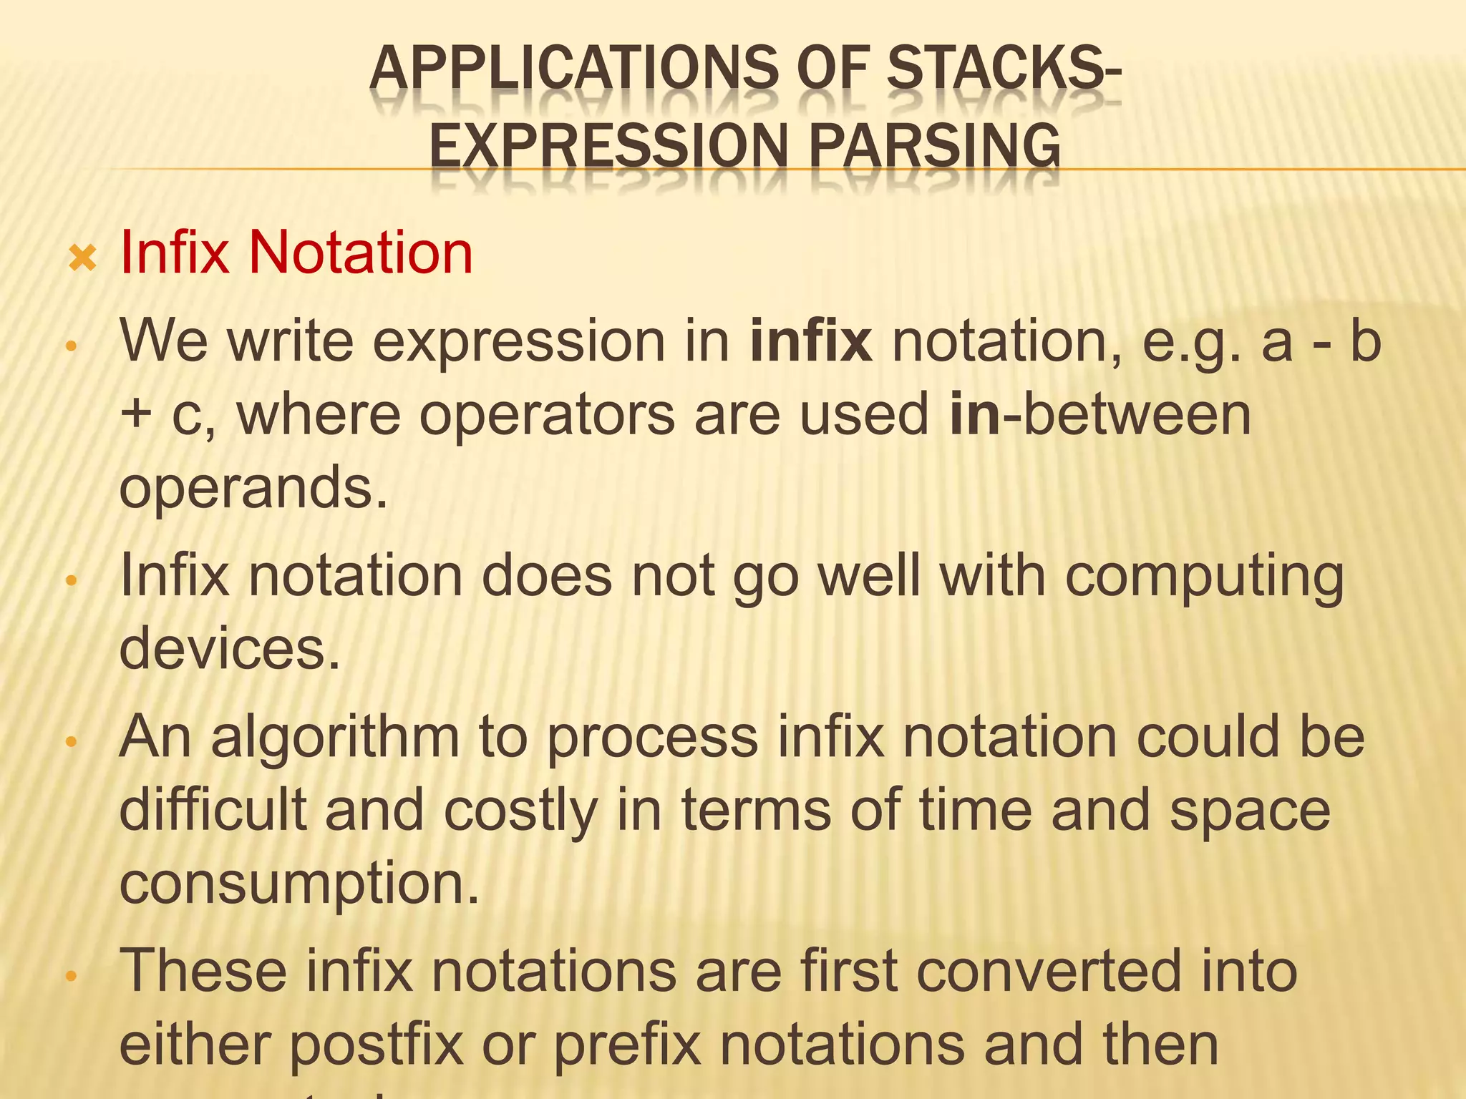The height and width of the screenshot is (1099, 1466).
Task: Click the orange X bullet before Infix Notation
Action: [x=82, y=258]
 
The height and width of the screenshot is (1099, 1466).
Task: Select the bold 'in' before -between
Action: [x=974, y=415]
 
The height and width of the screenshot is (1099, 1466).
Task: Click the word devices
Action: [x=229, y=648]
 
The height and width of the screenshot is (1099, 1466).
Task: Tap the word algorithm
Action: [x=335, y=738]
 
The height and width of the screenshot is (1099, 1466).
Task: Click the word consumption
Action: [x=298, y=885]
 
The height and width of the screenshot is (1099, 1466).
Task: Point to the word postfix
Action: [x=377, y=1046]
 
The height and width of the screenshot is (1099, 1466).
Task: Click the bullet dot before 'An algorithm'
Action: [x=70, y=742]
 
